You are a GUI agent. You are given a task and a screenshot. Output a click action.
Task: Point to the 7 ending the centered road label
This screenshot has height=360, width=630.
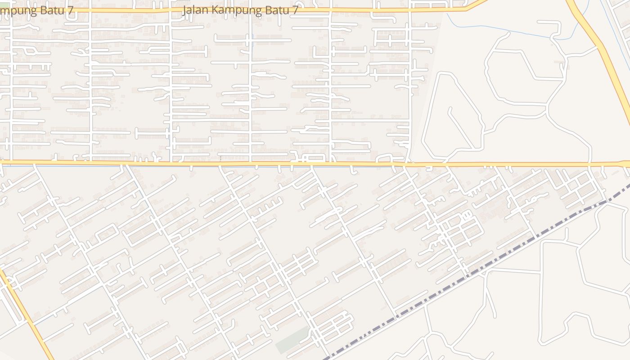[294, 10]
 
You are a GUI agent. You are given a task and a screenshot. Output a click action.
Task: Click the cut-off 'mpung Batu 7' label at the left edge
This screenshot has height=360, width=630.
[36, 10]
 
